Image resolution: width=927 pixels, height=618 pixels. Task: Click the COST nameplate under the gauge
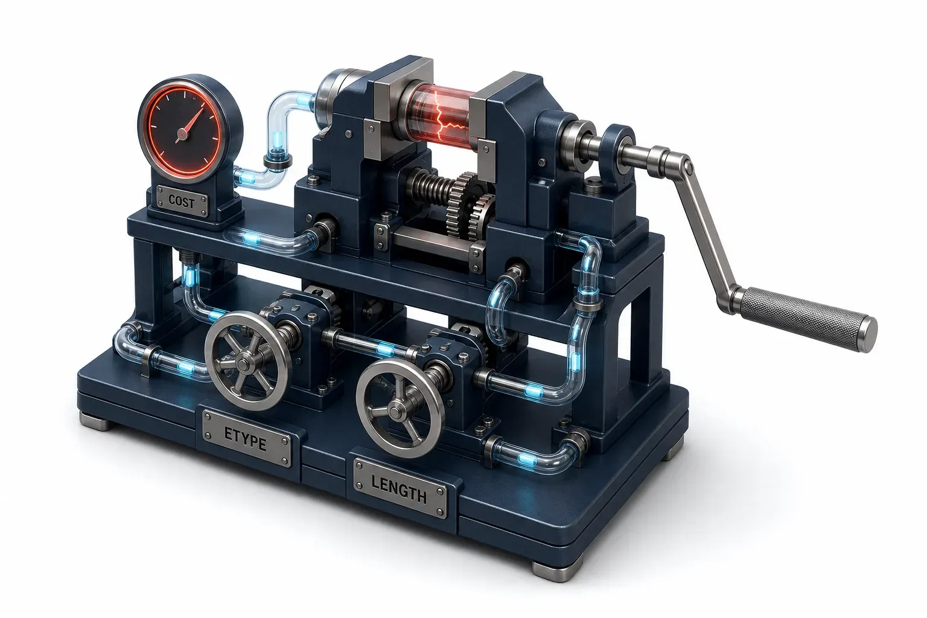click(x=181, y=201)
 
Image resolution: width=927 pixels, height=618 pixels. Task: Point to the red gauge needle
click(x=190, y=124)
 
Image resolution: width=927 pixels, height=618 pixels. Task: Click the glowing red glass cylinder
click(x=441, y=116)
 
